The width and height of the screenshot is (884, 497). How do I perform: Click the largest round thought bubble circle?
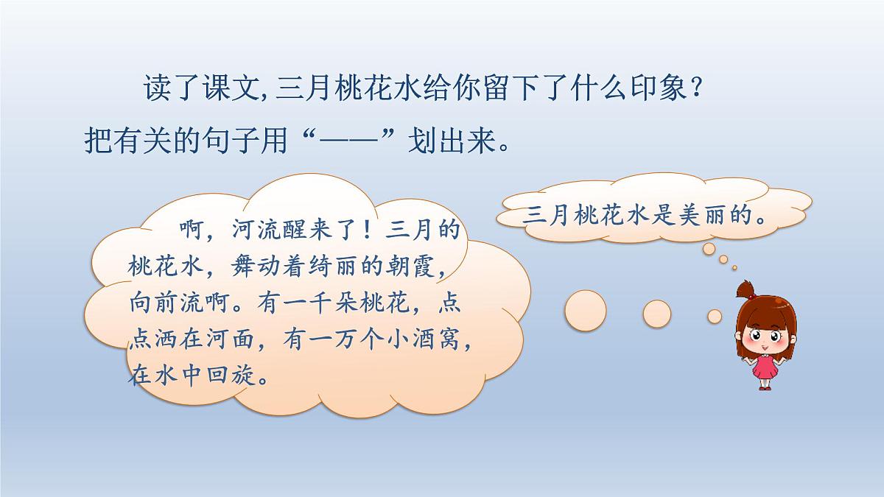coord(586,310)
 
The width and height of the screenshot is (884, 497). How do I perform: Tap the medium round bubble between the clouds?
coord(656,313)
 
